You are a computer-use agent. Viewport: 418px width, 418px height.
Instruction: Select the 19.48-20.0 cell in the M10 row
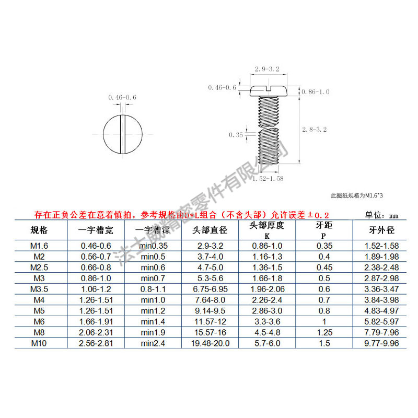(211, 343)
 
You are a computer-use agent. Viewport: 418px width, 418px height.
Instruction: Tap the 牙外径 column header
(381, 230)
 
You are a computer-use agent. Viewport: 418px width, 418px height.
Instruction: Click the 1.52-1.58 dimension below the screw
(268, 179)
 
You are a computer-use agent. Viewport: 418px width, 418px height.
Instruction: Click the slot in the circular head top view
(122, 134)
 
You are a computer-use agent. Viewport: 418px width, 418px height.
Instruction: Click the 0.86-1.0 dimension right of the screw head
(317, 92)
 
